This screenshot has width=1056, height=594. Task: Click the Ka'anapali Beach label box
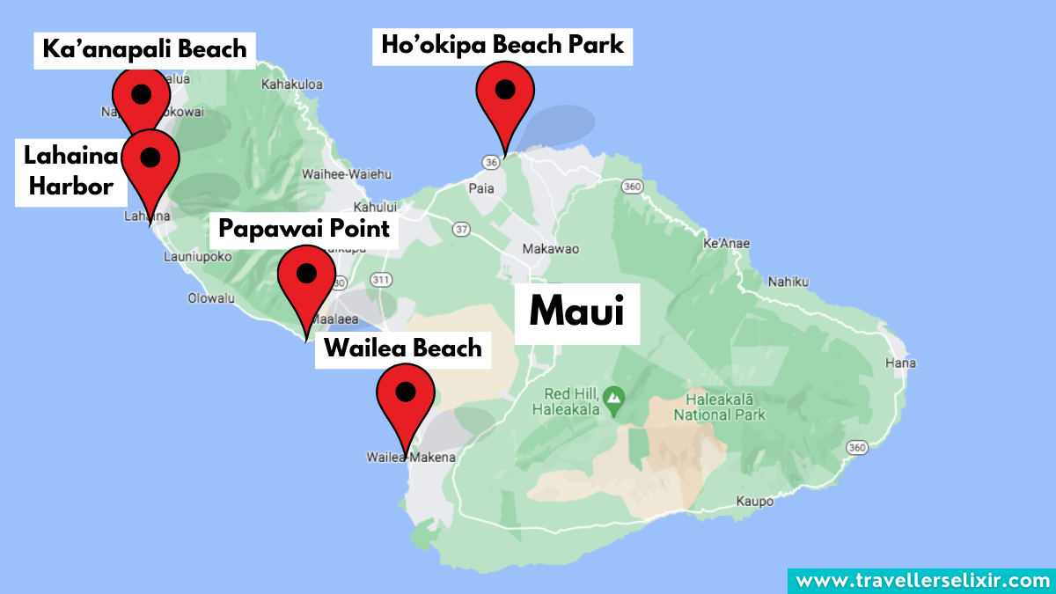click(145, 48)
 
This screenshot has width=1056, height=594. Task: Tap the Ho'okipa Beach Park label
click(502, 44)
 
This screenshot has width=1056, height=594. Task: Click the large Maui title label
click(577, 313)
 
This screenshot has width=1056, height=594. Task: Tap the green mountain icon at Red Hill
click(614, 400)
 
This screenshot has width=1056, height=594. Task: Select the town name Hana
click(900, 363)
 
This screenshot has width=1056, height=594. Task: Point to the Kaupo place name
click(754, 502)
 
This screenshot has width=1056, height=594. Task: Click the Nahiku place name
click(787, 282)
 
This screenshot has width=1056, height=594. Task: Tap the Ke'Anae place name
click(726, 243)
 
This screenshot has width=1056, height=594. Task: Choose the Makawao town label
click(551, 249)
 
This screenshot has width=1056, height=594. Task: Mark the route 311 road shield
click(380, 281)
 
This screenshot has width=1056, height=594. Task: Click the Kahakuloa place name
click(292, 84)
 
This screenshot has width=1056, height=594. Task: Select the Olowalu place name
click(211, 298)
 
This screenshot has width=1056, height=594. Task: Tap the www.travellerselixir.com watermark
click(921, 580)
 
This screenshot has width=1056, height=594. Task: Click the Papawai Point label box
click(304, 229)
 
